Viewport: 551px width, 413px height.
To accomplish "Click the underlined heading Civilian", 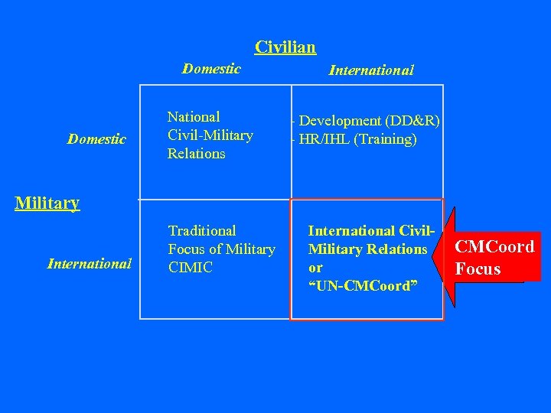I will click(285, 47).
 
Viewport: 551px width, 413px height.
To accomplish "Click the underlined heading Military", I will click(47, 203).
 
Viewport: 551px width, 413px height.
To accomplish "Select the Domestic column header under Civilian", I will click(211, 69).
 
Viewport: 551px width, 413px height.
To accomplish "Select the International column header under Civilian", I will click(371, 70).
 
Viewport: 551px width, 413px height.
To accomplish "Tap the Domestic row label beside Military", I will click(96, 139).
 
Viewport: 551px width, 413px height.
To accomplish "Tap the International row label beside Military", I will click(90, 264).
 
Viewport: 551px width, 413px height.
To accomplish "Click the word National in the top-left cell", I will click(194, 117).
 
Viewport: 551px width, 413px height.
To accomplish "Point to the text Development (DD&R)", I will click(369, 121).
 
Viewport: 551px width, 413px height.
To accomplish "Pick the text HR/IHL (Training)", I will click(357, 139).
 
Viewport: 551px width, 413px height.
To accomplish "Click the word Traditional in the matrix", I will click(202, 230).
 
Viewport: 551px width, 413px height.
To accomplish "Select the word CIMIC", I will click(191, 268).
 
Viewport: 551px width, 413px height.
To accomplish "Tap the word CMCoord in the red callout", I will click(494, 247).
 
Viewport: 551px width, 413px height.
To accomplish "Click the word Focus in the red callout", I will click(478, 268).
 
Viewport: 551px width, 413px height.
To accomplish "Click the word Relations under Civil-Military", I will click(197, 154).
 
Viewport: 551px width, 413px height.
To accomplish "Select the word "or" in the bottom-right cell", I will click(315, 268).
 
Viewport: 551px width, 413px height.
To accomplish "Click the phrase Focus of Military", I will click(221, 249).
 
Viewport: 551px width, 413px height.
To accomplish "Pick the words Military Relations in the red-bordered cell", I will click(367, 249).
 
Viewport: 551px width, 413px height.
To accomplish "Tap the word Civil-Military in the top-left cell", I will click(210, 135).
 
